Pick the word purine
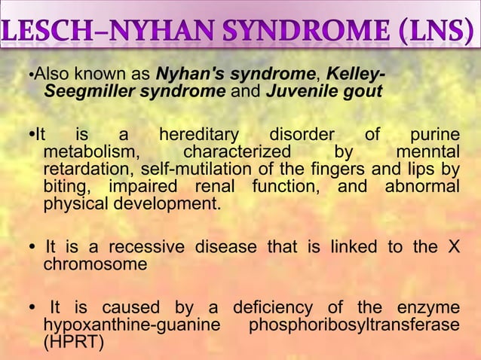434,136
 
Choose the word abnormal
421,186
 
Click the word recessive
148,248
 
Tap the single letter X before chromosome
452,248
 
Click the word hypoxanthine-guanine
133,325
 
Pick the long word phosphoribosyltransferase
354,325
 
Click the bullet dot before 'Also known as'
31,76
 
